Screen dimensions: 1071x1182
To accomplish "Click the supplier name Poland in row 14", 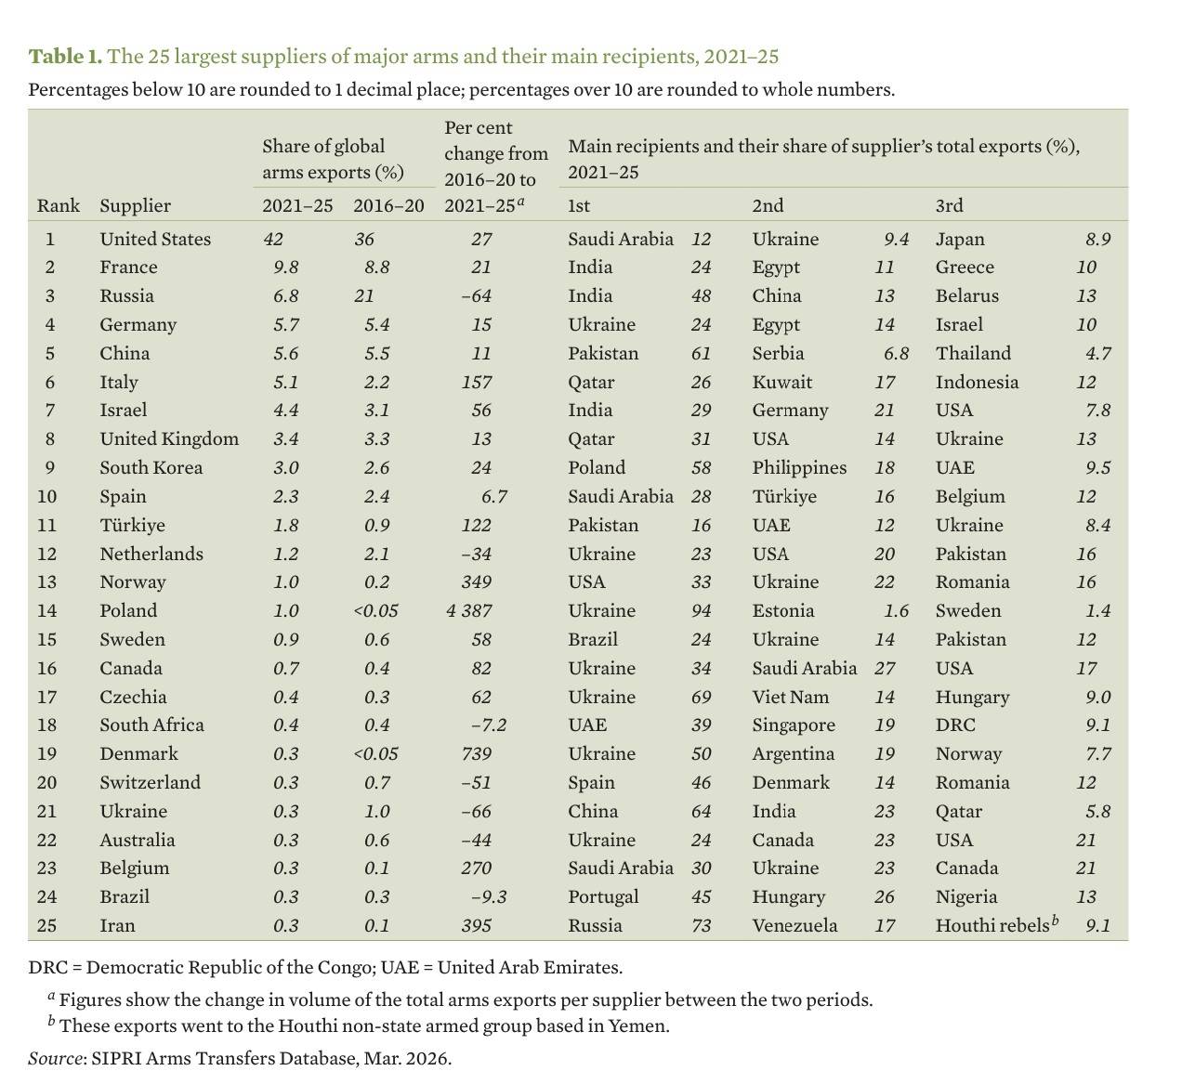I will coord(128,610).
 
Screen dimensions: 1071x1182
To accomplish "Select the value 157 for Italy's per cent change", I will coord(477,382).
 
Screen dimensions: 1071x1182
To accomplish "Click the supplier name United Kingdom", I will coord(169,438).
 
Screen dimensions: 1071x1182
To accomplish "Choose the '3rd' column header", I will coord(949,205).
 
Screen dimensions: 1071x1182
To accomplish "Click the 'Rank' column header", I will coord(59,205).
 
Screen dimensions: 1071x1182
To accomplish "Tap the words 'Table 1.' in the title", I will coord(65,57).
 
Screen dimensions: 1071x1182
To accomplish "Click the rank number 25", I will coord(47,925).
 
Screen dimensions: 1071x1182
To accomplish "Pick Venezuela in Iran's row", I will coord(795,925).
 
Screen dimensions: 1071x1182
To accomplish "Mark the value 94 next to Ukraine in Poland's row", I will coord(701,610).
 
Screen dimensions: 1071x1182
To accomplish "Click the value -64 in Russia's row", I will coord(476,295).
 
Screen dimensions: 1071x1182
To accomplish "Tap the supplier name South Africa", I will coord(151,725).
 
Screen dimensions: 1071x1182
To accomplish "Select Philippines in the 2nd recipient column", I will coord(799,467).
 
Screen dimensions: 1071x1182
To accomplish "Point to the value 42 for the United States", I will coord(273,239).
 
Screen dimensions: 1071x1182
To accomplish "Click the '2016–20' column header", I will coord(388,205).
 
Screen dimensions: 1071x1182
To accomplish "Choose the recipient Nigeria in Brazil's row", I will coord(966,896).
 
